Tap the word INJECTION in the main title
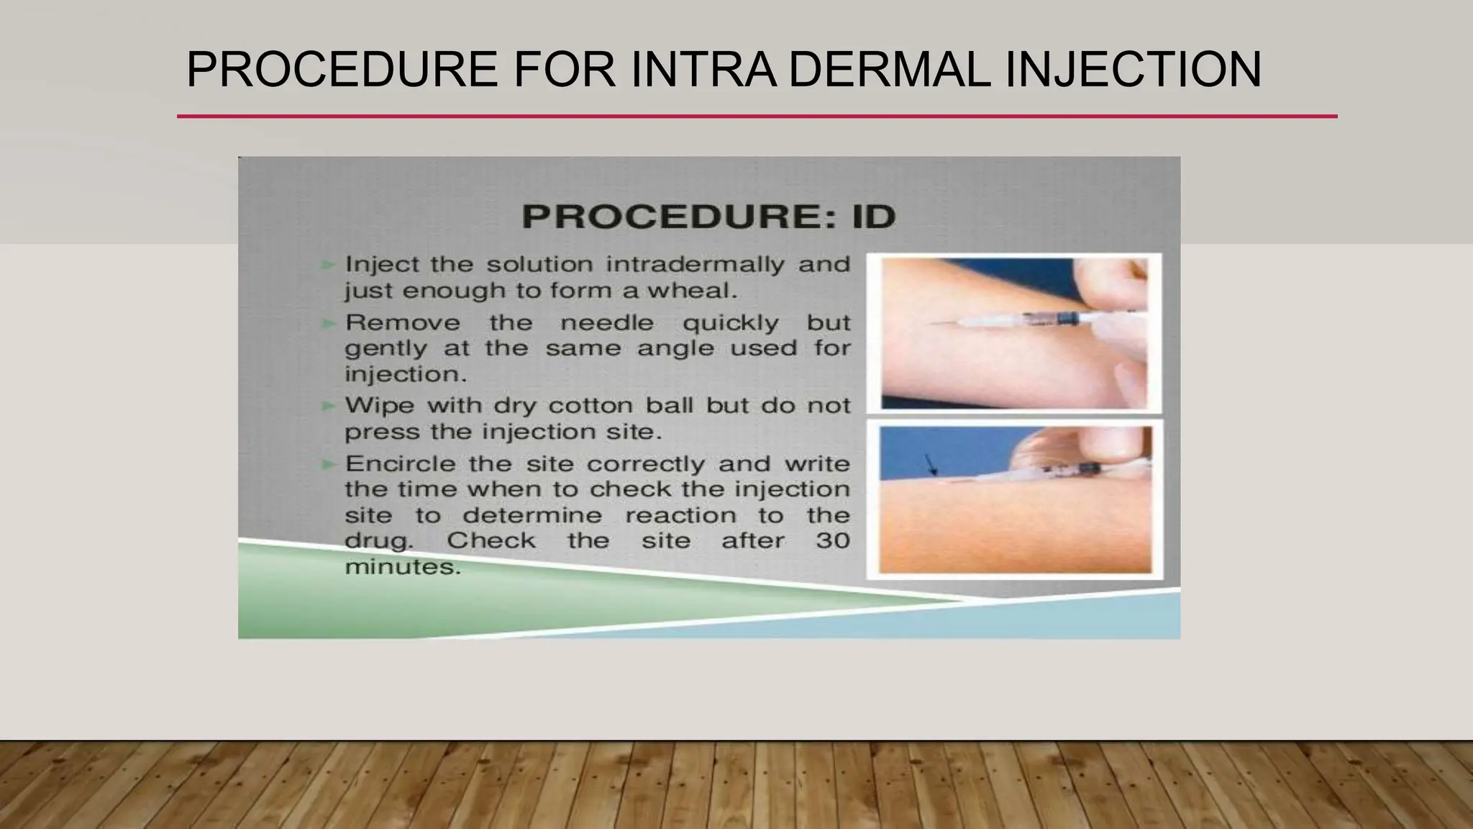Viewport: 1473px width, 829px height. pos(1132,70)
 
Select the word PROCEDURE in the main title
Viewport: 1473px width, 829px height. pos(342,70)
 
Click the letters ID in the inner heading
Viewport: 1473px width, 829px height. pos(874,216)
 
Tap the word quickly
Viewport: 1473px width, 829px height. pos(730,323)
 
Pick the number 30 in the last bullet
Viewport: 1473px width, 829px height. pos(833,540)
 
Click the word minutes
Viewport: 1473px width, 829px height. pos(402,567)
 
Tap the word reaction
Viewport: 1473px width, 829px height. pos(680,515)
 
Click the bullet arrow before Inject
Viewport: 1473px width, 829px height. pos(328,265)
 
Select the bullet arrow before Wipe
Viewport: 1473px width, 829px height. pos(328,406)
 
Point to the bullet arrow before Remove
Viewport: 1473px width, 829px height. pos(328,323)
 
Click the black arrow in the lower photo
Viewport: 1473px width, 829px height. pos(931,464)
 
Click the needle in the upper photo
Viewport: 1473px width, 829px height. pos(957,324)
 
